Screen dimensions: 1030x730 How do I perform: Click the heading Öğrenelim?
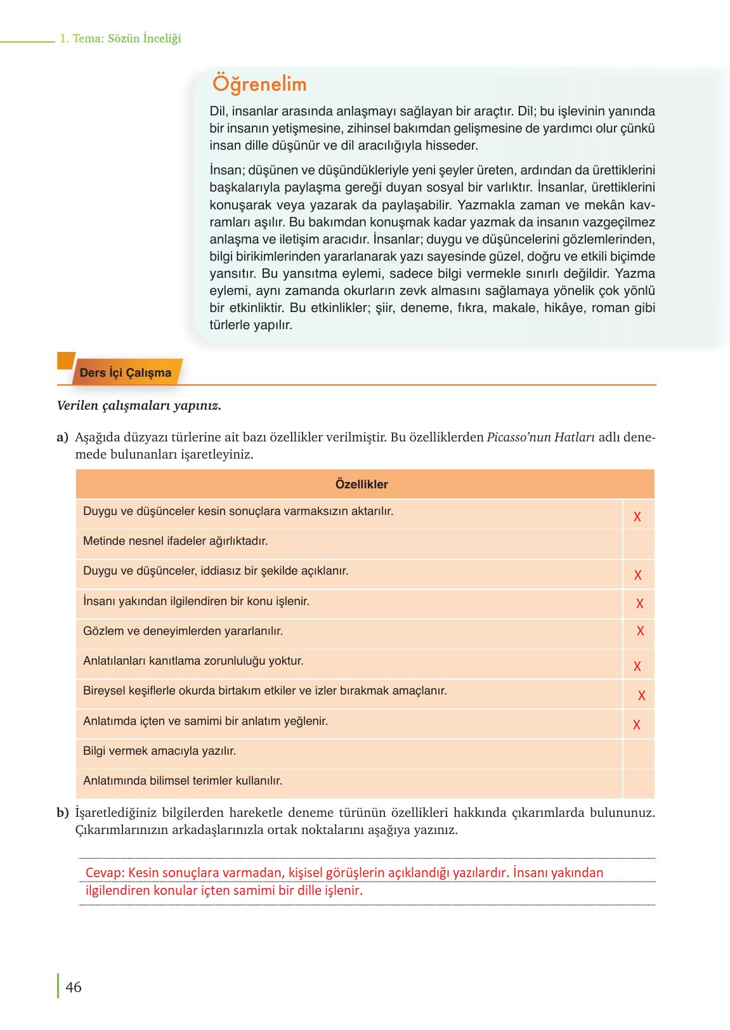259,84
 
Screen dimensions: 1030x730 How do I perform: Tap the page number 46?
74,988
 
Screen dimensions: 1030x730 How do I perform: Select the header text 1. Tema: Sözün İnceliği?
120,39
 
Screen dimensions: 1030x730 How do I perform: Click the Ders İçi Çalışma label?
126,373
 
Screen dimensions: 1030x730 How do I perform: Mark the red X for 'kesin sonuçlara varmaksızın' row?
637,517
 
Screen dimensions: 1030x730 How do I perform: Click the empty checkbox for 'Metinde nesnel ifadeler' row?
638,544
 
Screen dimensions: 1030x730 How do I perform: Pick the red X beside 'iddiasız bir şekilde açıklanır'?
638,575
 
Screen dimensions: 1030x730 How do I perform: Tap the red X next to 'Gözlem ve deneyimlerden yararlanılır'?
640,631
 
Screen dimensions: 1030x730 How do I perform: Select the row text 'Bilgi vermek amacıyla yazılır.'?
159,751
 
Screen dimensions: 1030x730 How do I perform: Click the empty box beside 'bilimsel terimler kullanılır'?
638,783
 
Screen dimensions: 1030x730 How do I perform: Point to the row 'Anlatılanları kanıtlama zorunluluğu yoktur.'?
193,661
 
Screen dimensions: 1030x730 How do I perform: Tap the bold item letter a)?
62,438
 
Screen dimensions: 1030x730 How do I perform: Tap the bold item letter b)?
62,812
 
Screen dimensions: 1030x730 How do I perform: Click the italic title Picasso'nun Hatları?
540,438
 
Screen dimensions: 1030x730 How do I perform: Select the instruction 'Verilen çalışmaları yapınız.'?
139,406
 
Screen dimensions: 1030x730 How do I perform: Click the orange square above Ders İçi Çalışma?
65,360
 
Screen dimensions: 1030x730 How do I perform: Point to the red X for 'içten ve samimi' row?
637,725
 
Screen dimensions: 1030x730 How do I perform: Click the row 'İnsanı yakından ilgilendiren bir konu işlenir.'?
196,601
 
